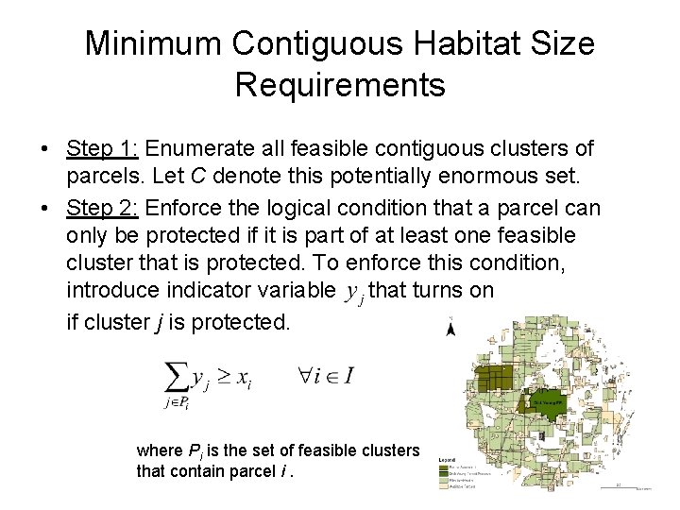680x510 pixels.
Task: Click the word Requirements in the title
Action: (x=340, y=85)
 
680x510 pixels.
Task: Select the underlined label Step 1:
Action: (x=103, y=148)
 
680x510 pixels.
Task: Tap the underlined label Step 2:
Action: (x=103, y=207)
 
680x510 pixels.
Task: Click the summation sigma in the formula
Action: (x=177, y=379)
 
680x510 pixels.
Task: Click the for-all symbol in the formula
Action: (x=308, y=376)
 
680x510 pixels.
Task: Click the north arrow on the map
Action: (x=451, y=328)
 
